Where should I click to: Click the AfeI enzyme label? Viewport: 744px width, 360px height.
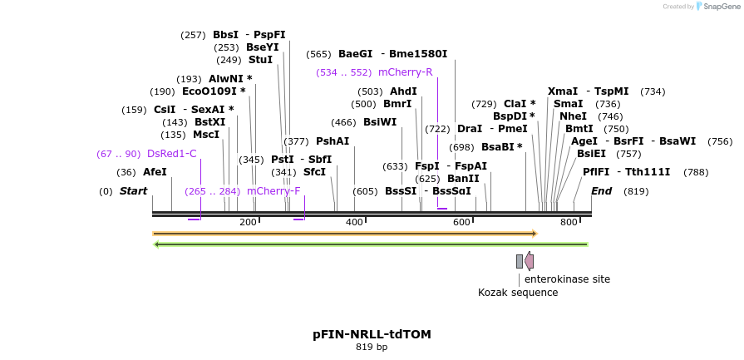pyautogui.click(x=155, y=172)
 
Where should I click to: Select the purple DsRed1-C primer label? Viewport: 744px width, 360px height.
pyautogui.click(x=171, y=154)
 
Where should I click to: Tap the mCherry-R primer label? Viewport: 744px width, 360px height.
pyautogui.click(x=405, y=72)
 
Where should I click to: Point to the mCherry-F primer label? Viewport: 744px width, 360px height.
pyautogui.click(x=273, y=191)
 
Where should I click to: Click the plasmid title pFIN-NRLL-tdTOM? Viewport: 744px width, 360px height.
pyautogui.click(x=372, y=334)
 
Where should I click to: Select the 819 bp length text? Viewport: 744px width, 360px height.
pyautogui.click(x=372, y=347)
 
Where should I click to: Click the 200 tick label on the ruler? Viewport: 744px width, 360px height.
pyautogui.click(x=248, y=223)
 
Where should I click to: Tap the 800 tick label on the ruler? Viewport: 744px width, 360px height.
pyautogui.click(x=569, y=223)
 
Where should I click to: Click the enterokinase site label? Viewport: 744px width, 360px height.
pyautogui.click(x=567, y=279)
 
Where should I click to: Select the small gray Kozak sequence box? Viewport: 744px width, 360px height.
pyautogui.click(x=520, y=261)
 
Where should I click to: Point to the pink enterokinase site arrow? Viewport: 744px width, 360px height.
pyautogui.click(x=529, y=261)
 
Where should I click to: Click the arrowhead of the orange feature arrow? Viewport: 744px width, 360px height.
pyautogui.click(x=535, y=234)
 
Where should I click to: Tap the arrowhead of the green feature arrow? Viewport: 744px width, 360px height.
pyautogui.click(x=157, y=244)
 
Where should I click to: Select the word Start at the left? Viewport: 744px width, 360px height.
pyautogui.click(x=133, y=191)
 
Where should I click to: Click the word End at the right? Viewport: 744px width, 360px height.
pyautogui.click(x=601, y=191)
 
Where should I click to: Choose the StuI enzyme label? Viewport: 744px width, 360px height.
pyautogui.click(x=260, y=60)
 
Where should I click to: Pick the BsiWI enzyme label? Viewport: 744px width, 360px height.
pyautogui.click(x=380, y=122)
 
